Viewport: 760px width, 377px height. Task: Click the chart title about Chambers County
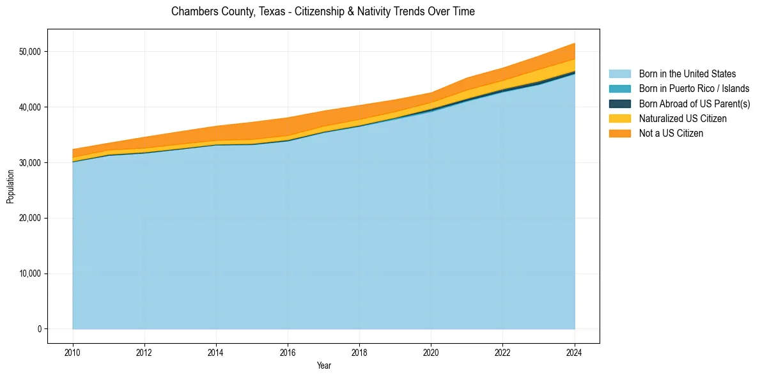[323, 12]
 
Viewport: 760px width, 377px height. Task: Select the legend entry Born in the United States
[687, 74]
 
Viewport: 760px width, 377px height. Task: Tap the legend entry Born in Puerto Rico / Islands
[694, 89]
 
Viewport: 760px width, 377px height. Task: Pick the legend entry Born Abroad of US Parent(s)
[694, 104]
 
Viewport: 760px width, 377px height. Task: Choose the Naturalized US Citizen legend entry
[683, 119]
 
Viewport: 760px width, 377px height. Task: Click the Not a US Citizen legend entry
[671, 134]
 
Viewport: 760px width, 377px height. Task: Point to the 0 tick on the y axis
[40, 329]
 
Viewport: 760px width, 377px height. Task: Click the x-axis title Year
[324, 365]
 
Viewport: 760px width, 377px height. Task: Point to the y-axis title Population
[10, 187]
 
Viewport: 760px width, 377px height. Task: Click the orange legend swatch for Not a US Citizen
[619, 134]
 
